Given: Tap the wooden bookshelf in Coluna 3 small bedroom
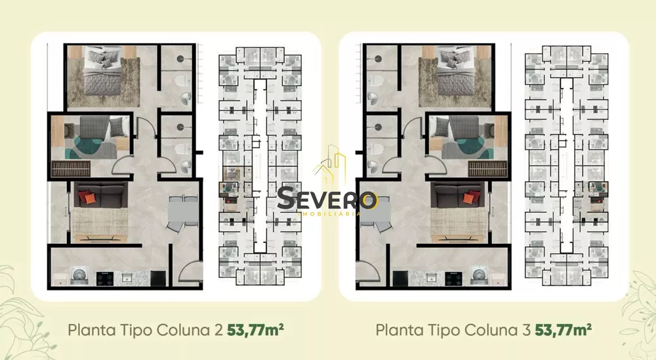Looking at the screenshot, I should [x=488, y=169].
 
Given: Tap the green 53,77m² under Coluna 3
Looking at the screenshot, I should [x=564, y=329].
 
